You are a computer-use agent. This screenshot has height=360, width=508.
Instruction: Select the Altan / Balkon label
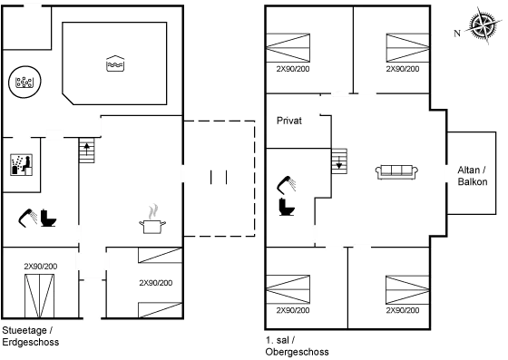click(x=472, y=176)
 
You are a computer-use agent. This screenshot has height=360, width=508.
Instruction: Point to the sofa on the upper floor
click(x=396, y=170)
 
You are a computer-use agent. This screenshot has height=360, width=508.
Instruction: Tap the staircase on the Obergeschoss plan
click(x=340, y=161)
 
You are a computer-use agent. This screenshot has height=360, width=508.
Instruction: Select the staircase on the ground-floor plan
click(x=86, y=149)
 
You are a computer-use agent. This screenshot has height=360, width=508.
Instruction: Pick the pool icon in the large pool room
click(x=115, y=63)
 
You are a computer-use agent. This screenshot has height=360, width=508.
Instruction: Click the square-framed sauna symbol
click(x=21, y=165)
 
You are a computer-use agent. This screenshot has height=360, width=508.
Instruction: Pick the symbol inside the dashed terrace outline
click(x=217, y=177)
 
